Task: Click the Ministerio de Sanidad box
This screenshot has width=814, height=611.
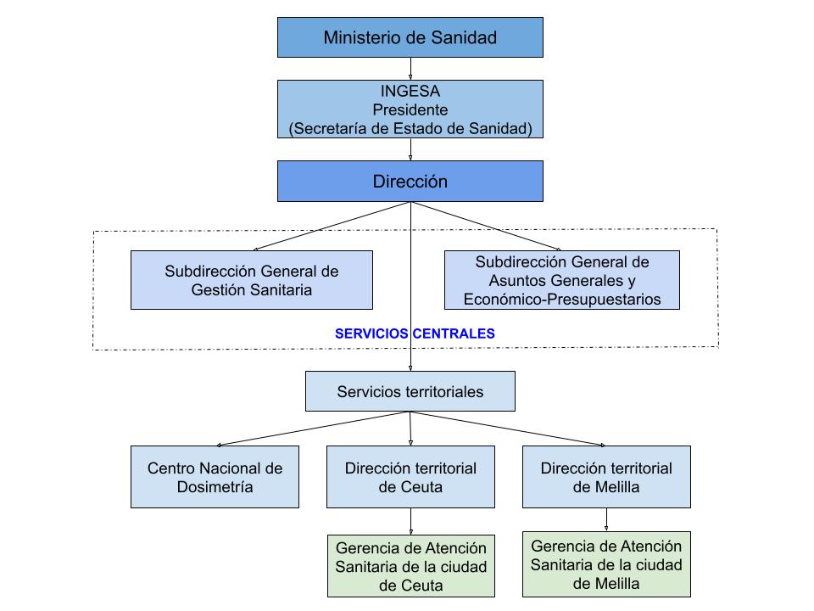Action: tap(410, 37)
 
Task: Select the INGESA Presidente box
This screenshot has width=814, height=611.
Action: tap(410, 109)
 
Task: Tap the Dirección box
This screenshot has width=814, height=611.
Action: tap(410, 182)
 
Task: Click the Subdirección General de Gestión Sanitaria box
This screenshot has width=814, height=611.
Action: tap(251, 280)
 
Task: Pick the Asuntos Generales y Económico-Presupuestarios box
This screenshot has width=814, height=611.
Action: tap(561, 280)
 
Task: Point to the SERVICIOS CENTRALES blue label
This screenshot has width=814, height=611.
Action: tap(415, 334)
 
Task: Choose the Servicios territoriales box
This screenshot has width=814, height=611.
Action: tap(410, 391)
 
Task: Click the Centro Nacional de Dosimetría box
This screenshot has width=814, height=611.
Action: tap(215, 477)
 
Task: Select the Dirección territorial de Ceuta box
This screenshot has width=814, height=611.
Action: tap(410, 477)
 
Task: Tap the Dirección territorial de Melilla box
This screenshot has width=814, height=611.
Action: tap(606, 477)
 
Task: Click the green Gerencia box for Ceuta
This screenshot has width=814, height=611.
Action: tap(410, 566)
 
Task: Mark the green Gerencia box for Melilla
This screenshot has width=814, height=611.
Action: tap(606, 564)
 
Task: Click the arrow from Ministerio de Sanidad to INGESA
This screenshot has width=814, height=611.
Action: tap(410, 69)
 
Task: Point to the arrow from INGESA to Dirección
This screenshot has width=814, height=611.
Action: tap(410, 149)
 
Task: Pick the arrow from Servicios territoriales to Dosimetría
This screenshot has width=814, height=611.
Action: tap(314, 429)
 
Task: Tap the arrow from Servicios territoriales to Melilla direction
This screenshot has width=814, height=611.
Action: tap(509, 429)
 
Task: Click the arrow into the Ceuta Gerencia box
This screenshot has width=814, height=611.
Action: tap(410, 521)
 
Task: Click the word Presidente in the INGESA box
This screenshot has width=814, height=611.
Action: tap(410, 109)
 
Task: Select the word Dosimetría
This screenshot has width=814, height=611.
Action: tap(215, 486)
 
